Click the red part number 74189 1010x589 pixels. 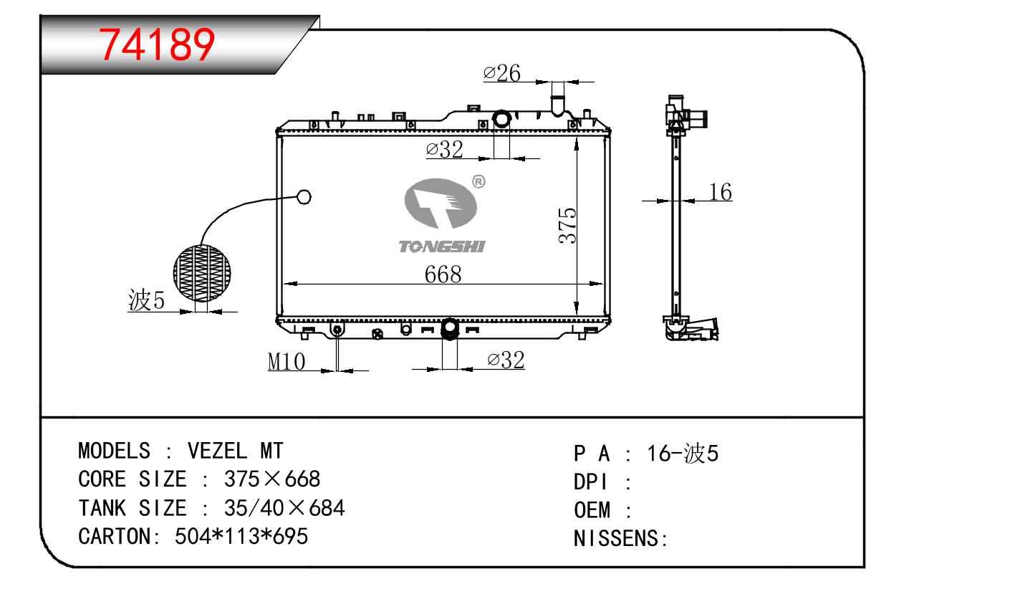[x=156, y=44]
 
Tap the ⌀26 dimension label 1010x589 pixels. [x=502, y=73]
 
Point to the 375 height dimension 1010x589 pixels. [x=567, y=226]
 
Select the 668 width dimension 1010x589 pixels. [x=443, y=274]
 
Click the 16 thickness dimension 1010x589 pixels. [x=720, y=191]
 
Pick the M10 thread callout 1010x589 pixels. [x=287, y=361]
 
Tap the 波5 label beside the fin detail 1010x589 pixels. [x=147, y=300]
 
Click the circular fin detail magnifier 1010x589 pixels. [x=202, y=273]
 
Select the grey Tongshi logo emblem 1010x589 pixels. [x=440, y=203]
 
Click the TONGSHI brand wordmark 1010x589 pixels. [x=442, y=246]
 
